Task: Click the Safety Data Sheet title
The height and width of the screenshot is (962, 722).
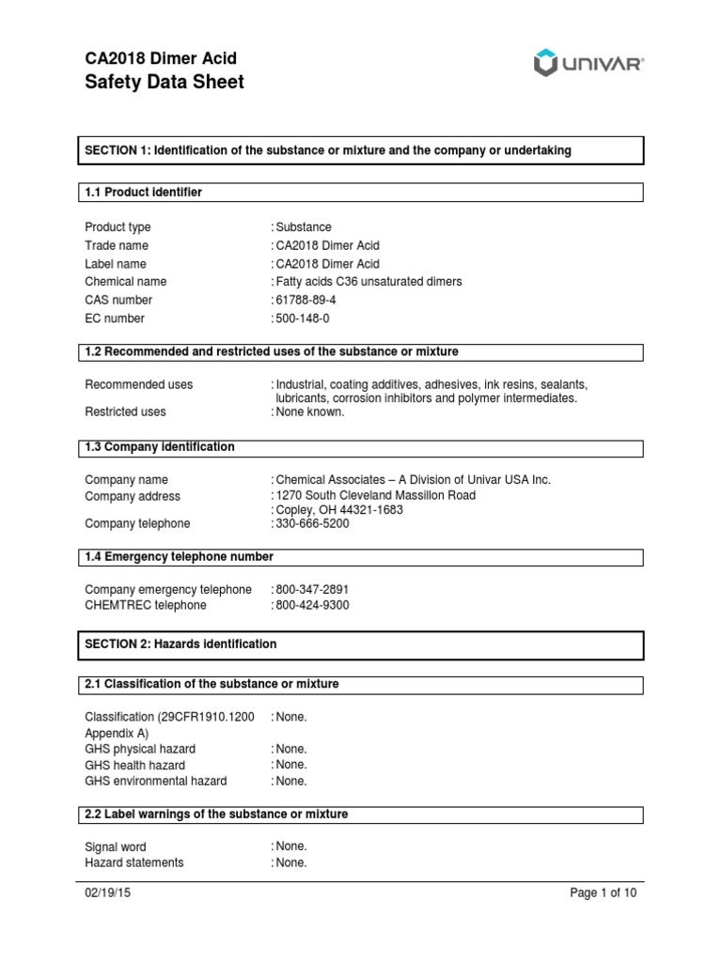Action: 165,83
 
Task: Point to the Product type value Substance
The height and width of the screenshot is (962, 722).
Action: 304,227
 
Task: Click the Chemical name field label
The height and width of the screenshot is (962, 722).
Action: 125,282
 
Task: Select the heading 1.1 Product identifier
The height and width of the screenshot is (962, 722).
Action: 144,193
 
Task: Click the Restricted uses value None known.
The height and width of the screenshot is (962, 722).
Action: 310,411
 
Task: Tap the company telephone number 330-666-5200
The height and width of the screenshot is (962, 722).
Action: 312,523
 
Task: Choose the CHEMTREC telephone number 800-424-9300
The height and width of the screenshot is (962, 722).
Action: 312,605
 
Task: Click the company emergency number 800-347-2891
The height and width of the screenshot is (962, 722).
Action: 312,589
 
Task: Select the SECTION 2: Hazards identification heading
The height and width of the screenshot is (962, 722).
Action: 181,644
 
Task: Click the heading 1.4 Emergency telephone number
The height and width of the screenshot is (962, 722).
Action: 180,557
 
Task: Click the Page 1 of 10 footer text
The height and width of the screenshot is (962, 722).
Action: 604,893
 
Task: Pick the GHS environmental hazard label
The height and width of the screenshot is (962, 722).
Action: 156,781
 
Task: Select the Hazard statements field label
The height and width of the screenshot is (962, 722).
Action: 134,862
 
